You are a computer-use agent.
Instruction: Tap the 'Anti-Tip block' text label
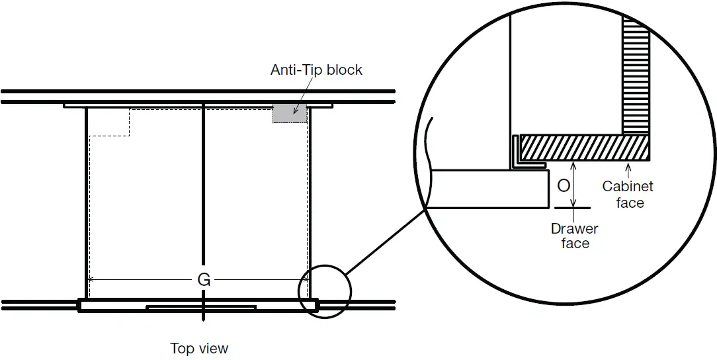point(316,69)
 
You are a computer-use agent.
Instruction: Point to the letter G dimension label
point(204,280)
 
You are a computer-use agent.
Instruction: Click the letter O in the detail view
point(564,186)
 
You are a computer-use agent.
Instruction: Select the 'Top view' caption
point(199,348)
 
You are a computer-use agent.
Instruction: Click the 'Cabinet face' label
point(629,195)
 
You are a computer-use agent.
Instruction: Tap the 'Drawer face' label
point(575,236)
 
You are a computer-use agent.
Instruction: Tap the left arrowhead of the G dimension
point(92,279)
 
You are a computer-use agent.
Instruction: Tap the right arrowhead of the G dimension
point(305,279)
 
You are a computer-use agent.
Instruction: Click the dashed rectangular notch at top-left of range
point(109,122)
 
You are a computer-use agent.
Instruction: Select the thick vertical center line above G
point(203,185)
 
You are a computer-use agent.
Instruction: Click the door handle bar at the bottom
point(201,308)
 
